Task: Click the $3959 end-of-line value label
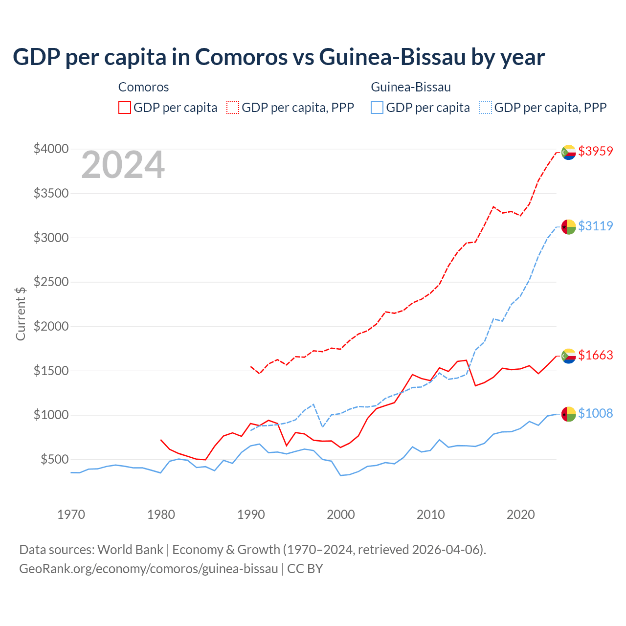pos(595,151)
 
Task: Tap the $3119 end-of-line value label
pos(595,226)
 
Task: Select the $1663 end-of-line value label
pos(595,355)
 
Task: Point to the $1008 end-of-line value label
pos(595,413)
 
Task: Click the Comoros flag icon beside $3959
pos(568,153)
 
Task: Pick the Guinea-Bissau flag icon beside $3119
pos(568,227)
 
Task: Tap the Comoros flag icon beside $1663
pos(568,356)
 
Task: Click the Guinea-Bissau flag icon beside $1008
pos(568,414)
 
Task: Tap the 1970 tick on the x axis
pos(71,514)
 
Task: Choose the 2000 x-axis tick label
pos(341,514)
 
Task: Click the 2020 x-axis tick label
pos(521,514)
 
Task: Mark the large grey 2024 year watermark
pos(123,165)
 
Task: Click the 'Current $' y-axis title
pos(21,313)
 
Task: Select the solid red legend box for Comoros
pos(125,108)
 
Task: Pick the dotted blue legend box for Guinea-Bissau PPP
pos(486,108)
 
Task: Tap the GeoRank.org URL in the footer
pos(148,569)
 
